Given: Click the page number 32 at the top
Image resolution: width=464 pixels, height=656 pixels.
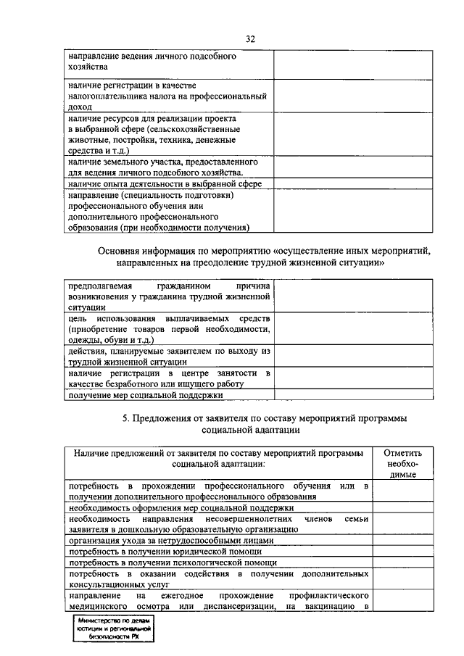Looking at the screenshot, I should (250, 39).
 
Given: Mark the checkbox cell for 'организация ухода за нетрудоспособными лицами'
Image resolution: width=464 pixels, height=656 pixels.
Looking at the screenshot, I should (400, 540).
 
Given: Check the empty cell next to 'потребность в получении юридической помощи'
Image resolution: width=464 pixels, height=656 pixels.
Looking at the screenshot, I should (400, 551).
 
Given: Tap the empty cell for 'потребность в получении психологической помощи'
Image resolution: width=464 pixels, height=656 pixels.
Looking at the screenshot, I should (400, 562).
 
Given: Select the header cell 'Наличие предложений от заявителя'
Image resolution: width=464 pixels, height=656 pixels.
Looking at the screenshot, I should (218, 457).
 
